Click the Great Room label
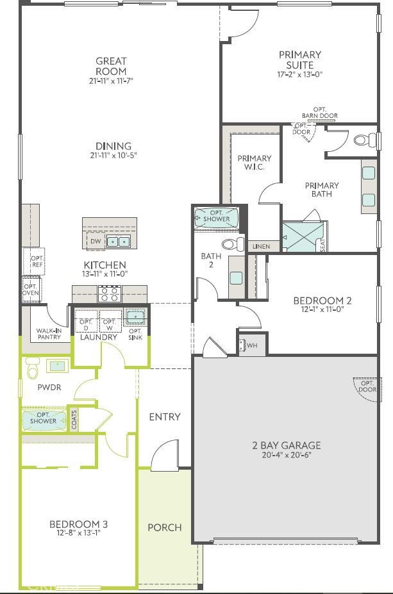[111, 66]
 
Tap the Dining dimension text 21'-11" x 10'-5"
[113, 155]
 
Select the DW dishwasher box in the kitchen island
[96, 241]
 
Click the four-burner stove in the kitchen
[110, 294]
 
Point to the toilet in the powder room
[32, 367]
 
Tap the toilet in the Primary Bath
[365, 140]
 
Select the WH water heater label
[252, 345]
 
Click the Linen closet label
[261, 246]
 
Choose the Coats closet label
[74, 419]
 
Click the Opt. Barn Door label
[319, 113]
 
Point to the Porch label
[165, 527]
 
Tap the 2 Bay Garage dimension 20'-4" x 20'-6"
[286, 455]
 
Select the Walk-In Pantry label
[49, 334]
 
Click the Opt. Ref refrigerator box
[34, 261]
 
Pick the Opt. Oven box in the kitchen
[31, 290]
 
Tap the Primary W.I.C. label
[255, 163]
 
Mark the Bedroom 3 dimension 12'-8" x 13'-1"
[78, 533]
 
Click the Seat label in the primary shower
[322, 245]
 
